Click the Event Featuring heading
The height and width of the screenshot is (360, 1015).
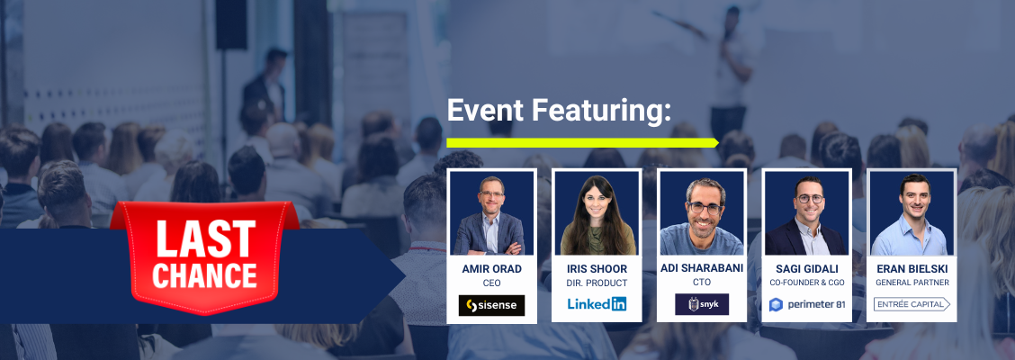(x=559, y=112)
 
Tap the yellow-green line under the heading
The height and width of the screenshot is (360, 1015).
(x=582, y=142)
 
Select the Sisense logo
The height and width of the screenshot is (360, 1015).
(x=491, y=305)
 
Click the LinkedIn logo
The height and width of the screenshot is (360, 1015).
(x=597, y=303)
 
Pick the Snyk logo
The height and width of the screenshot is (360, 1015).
(x=702, y=304)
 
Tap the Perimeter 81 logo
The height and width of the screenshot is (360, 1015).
(x=806, y=304)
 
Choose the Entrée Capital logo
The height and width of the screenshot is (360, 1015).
(x=912, y=304)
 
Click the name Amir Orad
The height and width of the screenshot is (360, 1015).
(x=491, y=268)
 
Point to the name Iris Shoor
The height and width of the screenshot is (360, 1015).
(x=597, y=268)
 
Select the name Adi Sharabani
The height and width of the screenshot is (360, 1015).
(x=702, y=268)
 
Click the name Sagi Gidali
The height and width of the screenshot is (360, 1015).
(x=806, y=268)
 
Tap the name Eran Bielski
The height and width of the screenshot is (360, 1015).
(x=912, y=268)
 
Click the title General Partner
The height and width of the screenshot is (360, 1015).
(x=912, y=283)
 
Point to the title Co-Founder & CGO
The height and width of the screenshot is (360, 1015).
(x=806, y=283)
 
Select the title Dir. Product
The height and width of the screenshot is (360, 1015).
(x=597, y=283)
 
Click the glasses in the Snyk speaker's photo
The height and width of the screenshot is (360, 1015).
(x=704, y=209)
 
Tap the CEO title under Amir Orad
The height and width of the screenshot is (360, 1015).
(x=491, y=283)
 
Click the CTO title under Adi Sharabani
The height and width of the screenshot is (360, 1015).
(x=702, y=283)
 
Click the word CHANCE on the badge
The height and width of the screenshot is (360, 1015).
(x=204, y=274)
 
